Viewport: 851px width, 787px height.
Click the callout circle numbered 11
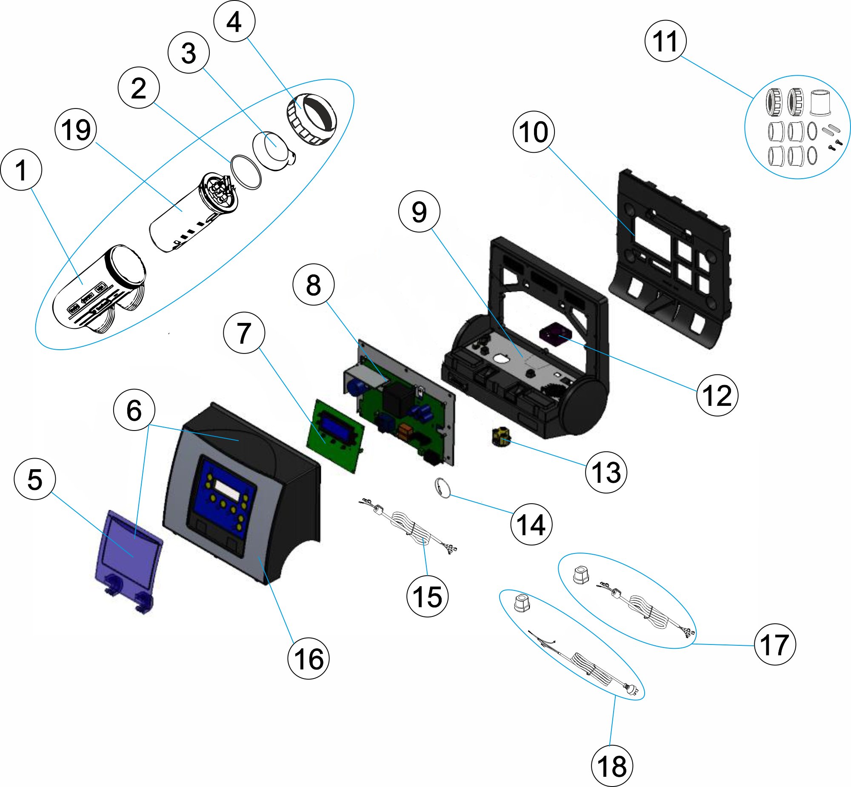tap(665, 41)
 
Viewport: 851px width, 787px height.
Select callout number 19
tap(76, 129)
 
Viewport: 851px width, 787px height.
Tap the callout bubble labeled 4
tap(234, 21)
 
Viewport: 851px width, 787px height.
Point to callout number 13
tap(605, 472)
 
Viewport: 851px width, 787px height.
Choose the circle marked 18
tap(612, 766)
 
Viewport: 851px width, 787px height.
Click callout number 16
tap(308, 659)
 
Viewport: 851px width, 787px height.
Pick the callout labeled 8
tap(314, 285)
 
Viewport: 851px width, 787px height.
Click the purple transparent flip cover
tap(128, 553)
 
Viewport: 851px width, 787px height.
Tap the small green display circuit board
tap(336, 434)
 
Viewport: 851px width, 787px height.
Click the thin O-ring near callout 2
tap(246, 171)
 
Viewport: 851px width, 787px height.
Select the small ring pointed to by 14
tap(443, 488)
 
